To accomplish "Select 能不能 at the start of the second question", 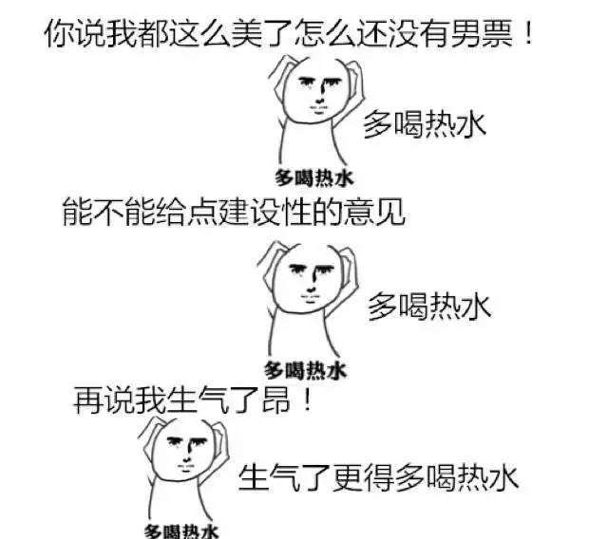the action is [107, 211].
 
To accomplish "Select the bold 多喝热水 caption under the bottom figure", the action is [181, 530].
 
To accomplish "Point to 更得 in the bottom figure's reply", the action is [363, 474].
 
